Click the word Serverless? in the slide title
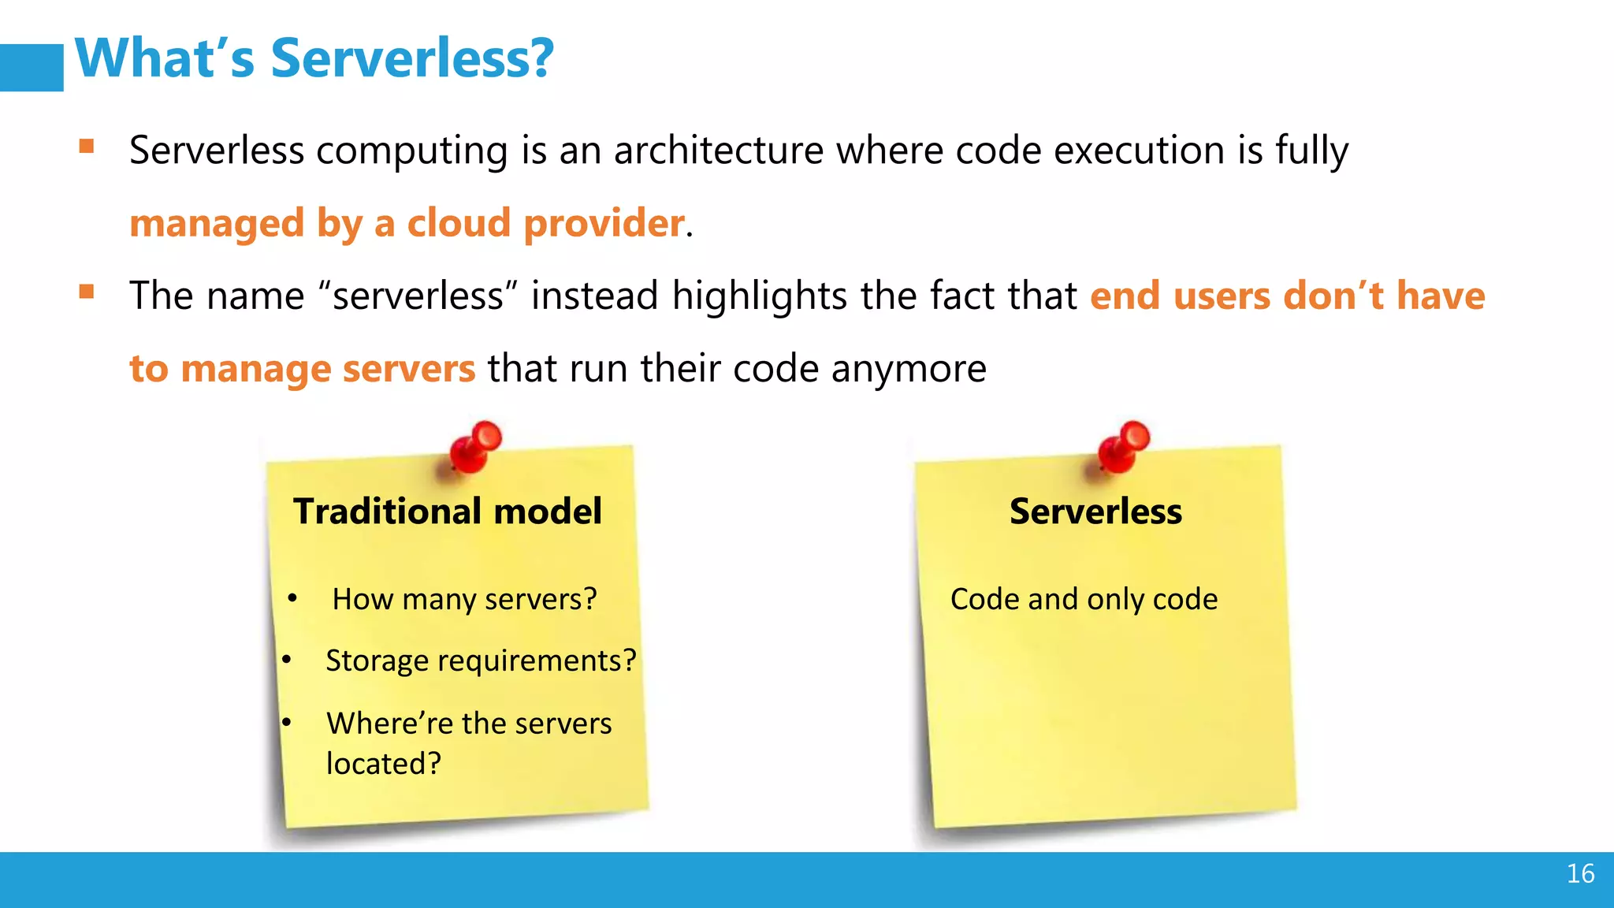pos(412,59)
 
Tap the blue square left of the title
pos(32,68)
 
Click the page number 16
pos(1580,873)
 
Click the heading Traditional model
pos(448,512)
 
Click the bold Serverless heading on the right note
pos(1095,512)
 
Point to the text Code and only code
pos(1084,599)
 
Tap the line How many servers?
pos(464,599)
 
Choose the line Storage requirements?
pos(481,661)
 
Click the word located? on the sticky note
pos(384,764)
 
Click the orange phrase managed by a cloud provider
pos(407,223)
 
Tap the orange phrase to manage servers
pos(303,369)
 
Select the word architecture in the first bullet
pos(719,150)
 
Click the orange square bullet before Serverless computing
pos(87,146)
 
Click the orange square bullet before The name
pos(87,292)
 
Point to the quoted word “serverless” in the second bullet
pos(418,296)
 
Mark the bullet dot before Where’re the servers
pos(287,722)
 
